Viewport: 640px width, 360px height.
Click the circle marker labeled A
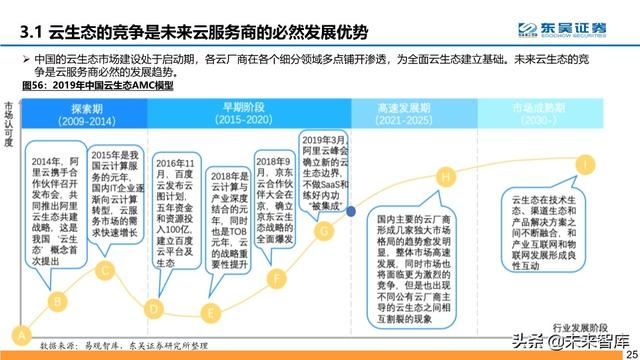18,333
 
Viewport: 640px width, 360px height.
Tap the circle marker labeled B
59,298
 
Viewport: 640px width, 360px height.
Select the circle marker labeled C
106,269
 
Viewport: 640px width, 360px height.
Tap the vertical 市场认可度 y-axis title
8,124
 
